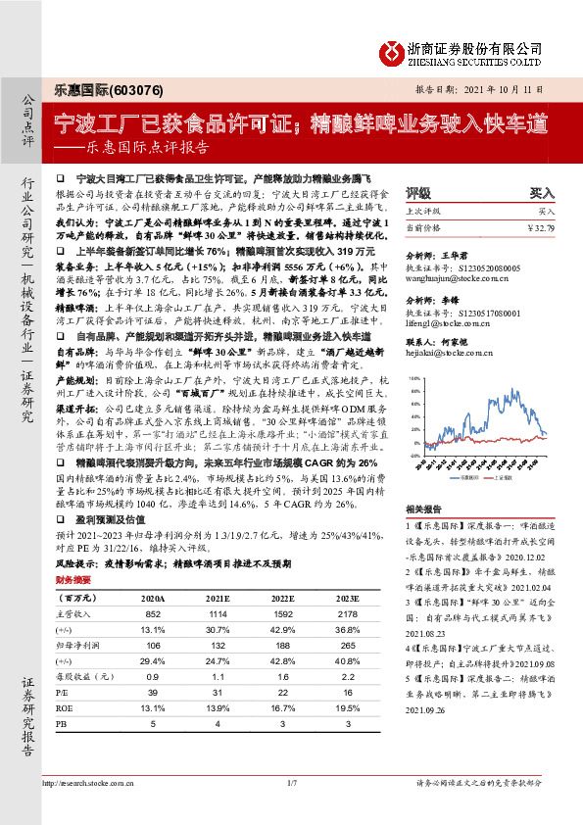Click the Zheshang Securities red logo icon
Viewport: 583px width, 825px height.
(392, 50)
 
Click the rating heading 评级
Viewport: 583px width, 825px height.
(418, 193)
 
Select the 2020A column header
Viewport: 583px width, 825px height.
(153, 595)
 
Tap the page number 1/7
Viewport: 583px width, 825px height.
(291, 810)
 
